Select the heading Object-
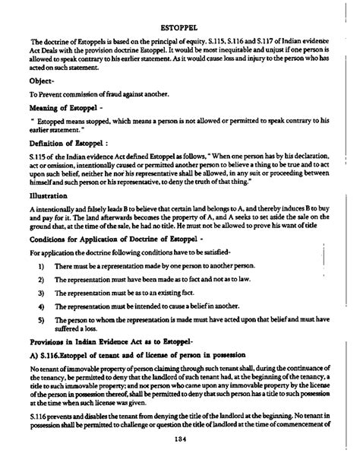click(x=43, y=100)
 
